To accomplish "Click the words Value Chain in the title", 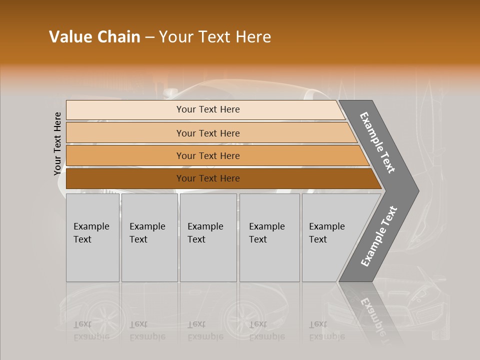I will (x=94, y=37).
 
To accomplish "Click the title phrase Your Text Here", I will (x=215, y=37).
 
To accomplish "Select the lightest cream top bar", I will (x=205, y=109).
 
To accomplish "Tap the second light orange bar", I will (x=210, y=133).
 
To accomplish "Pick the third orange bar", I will (x=215, y=155).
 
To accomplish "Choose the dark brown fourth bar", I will (x=220, y=178).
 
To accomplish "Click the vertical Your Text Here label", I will (x=57, y=143).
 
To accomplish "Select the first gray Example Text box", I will (x=92, y=237).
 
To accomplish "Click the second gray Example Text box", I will (x=149, y=237).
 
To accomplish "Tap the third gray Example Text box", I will (x=208, y=237).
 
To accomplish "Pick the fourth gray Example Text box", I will (x=269, y=237).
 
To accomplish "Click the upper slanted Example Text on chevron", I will (x=377, y=142).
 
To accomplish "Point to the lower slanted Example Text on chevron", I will (x=378, y=236).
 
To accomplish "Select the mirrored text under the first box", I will (x=91, y=330).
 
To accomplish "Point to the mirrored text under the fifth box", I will (x=327, y=330).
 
